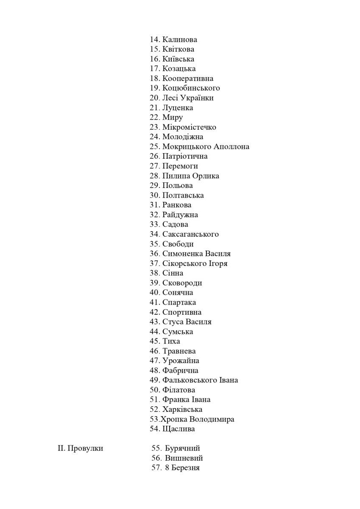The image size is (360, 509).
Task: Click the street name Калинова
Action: pos(179,39)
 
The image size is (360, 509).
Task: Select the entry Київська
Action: pos(178,59)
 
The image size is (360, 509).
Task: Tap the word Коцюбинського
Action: pos(191,88)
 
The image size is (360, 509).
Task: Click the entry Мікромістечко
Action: pos(189,127)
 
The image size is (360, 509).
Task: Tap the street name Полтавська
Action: pos(183,196)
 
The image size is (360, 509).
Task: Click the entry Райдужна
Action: pos(180,215)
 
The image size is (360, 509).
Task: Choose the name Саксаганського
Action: pos(190,234)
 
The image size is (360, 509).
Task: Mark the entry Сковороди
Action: pos(182,283)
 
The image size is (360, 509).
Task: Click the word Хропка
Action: pos(173,419)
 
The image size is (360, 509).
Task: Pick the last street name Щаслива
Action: pos(179,429)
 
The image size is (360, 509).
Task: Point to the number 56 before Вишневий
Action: pos(156,458)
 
